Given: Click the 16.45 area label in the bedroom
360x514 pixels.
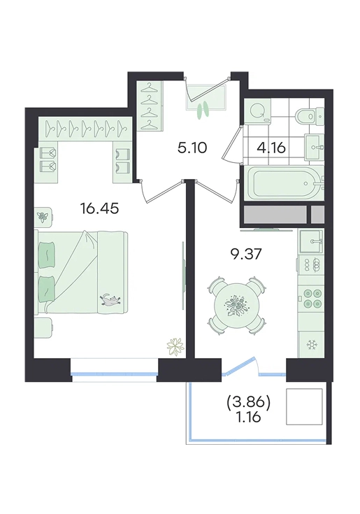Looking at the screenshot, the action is click(x=99, y=208).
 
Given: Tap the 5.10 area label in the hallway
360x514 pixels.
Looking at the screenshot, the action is click(x=192, y=148).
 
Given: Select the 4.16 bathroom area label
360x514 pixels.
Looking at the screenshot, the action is click(x=271, y=148).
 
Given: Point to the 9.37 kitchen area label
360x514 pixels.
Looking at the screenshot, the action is click(x=246, y=254).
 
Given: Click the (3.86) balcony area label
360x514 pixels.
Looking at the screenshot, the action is click(x=248, y=404).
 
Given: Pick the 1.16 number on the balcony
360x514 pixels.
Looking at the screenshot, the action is click(x=248, y=417).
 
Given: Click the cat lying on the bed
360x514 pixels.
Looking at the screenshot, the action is click(x=110, y=299).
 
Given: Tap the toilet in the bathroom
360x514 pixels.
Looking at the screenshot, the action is click(x=310, y=115).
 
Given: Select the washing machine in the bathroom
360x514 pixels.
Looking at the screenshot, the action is click(x=258, y=111).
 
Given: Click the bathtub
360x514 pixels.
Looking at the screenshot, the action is click(x=284, y=183).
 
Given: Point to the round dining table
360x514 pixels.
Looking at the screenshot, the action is click(x=236, y=304).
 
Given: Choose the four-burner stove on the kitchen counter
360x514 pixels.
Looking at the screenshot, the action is click(x=312, y=299).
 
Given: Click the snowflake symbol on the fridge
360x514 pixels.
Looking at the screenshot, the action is click(x=310, y=345).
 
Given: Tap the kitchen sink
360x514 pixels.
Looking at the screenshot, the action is click(x=311, y=241).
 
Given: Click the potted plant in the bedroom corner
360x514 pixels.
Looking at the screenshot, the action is click(x=175, y=346).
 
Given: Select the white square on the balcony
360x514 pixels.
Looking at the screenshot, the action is click(x=305, y=406).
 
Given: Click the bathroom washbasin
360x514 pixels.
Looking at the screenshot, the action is click(x=315, y=147).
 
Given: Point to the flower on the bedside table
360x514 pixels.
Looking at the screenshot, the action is click(x=43, y=215).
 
